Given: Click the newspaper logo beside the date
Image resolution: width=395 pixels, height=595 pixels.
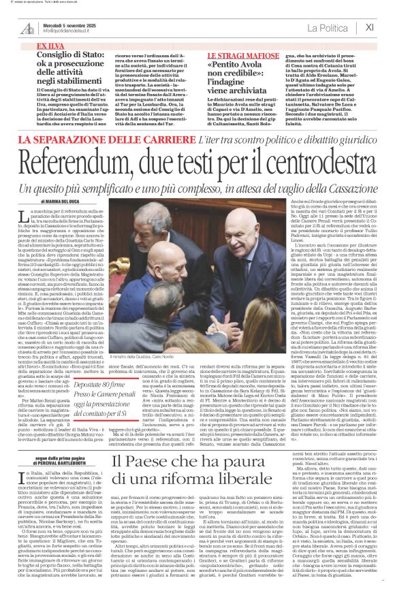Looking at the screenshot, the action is click(27, 28).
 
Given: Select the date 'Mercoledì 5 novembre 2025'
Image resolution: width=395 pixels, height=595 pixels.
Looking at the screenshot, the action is click(67, 25).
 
